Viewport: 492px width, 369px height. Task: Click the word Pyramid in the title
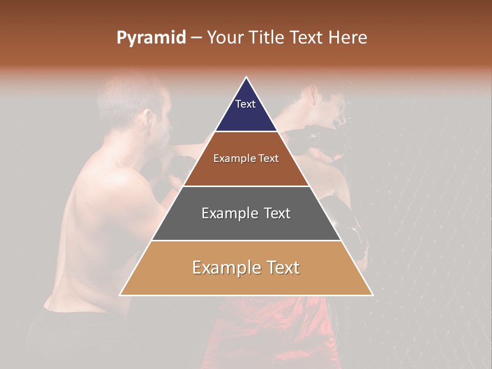151,38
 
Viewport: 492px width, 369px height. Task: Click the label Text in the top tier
245,104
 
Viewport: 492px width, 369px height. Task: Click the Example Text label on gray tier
246,213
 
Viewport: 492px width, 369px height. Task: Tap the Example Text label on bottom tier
246,268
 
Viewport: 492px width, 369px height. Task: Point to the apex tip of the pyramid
246,78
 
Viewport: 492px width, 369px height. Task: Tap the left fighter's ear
149,121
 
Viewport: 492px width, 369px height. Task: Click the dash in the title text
196,38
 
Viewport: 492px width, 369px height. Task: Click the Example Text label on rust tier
246,158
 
